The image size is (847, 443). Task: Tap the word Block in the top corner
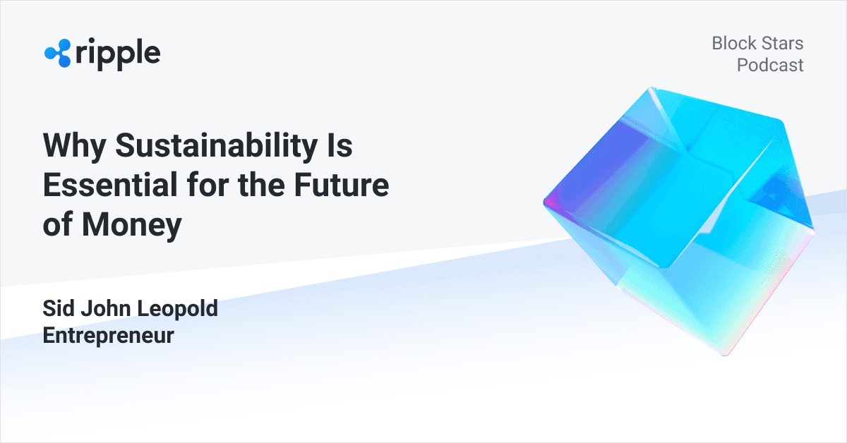tap(733, 44)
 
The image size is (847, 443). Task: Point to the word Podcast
tap(770, 66)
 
